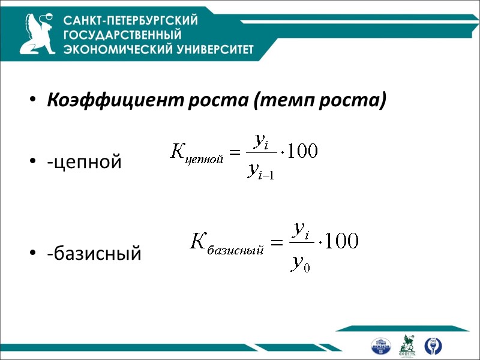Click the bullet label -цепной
click(x=85, y=161)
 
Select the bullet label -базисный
click(x=95, y=254)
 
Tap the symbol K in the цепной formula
click(x=178, y=151)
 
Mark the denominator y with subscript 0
click(x=299, y=262)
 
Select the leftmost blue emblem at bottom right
click(x=381, y=346)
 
